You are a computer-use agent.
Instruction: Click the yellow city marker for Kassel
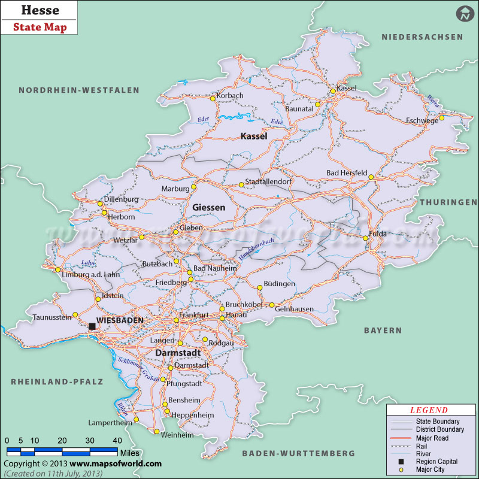pyautogui.click(x=334, y=92)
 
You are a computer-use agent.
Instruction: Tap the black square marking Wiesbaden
pyautogui.click(x=92, y=326)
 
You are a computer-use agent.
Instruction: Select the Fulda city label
pyautogui.click(x=378, y=234)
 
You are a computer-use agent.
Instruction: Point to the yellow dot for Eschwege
pyautogui.click(x=441, y=118)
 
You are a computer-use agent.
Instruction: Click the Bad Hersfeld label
pyautogui.click(x=347, y=173)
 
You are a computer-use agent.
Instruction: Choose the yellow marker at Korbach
pyautogui.click(x=213, y=99)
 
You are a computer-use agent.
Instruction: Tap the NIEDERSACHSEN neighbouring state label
pyautogui.click(x=423, y=37)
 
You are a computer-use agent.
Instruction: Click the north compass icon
pyautogui.click(x=463, y=14)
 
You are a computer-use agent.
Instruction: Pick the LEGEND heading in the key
pyautogui.click(x=428, y=410)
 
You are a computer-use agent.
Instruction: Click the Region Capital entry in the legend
pyautogui.click(x=436, y=462)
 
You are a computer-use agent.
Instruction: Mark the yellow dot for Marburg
pyautogui.click(x=193, y=187)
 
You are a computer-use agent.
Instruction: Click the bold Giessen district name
pyautogui.click(x=209, y=208)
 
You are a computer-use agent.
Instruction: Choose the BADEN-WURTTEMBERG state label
pyautogui.click(x=299, y=453)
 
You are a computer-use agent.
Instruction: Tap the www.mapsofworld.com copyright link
pyautogui.click(x=116, y=463)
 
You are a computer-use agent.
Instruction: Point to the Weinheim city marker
pyautogui.click(x=156, y=432)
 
